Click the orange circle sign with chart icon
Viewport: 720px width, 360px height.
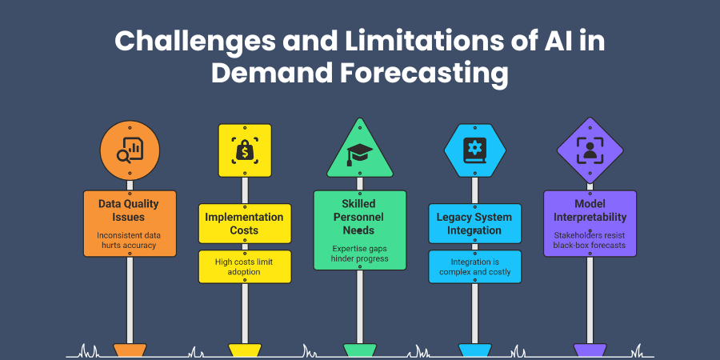(130, 150)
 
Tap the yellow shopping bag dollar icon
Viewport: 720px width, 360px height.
(245, 150)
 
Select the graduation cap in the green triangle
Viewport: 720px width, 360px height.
(360, 154)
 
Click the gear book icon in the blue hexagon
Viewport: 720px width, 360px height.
(474, 150)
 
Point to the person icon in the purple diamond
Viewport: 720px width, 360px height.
(590, 150)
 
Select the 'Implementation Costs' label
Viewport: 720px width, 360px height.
(245, 223)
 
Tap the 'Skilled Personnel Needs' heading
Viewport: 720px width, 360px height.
(360, 217)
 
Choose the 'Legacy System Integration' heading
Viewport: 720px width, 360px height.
(474, 223)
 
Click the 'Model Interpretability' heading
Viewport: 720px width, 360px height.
(590, 210)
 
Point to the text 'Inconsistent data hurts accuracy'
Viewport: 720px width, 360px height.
(130, 240)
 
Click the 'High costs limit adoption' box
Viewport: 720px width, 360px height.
(245, 266)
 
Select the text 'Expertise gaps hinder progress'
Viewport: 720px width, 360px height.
(360, 254)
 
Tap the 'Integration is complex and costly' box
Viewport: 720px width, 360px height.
(474, 266)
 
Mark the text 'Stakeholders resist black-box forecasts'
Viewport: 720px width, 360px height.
(590, 240)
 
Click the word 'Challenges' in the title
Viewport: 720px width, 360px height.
(193, 42)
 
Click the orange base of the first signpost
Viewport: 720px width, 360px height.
(130, 350)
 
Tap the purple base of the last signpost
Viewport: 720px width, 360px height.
(590, 350)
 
